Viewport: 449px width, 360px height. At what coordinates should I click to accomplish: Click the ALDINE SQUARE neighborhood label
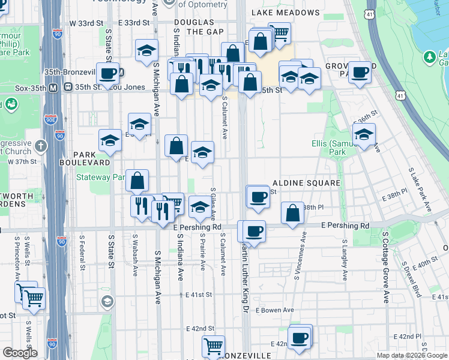point(306,182)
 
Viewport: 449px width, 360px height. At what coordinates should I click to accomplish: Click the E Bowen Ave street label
point(274,310)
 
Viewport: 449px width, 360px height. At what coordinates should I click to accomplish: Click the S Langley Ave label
point(345,259)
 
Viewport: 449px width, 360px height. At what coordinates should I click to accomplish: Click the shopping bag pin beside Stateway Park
point(137,180)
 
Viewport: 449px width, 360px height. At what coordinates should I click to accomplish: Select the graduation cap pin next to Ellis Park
point(364,135)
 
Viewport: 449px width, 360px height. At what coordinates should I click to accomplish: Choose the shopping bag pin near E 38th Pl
point(292,214)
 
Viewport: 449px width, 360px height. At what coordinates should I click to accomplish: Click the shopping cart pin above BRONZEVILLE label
point(212,346)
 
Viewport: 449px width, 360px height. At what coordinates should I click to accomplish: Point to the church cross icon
point(41,145)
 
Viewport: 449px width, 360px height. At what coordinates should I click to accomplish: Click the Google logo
point(20,353)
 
